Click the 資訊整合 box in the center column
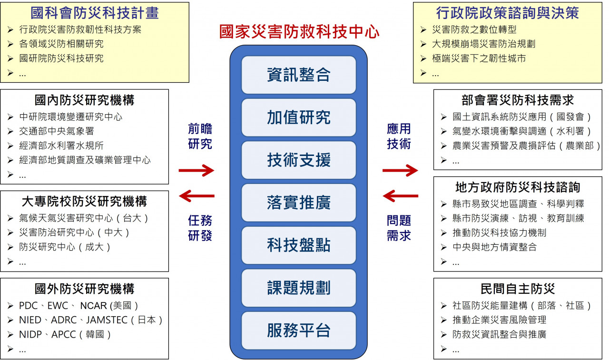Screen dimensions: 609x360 (x=298, y=75)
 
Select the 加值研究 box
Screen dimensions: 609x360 (x=298, y=117)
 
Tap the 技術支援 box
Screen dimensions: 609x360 (x=298, y=160)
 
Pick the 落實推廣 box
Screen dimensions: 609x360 (x=298, y=203)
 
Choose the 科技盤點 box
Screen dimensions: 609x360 (x=298, y=245)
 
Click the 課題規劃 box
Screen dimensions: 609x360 (x=298, y=288)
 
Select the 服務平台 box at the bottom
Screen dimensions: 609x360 (x=298, y=331)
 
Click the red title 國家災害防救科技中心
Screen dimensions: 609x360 (x=299, y=32)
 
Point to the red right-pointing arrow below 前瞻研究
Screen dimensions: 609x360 (x=196, y=170)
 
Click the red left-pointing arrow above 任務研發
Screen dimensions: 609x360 (x=196, y=195)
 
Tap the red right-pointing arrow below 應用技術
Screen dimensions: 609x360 (x=400, y=170)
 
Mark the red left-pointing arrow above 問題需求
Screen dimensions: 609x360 (x=401, y=195)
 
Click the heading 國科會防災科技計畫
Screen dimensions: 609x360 (x=95, y=13)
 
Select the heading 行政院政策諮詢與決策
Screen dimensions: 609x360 (x=507, y=13)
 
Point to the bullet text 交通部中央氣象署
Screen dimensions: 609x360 (x=57, y=131)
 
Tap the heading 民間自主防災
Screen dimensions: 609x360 (x=518, y=289)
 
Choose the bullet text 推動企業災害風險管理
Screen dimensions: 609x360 (x=500, y=320)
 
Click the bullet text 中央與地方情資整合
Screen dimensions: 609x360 (x=494, y=247)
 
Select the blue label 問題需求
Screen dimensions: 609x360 (x=399, y=228)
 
